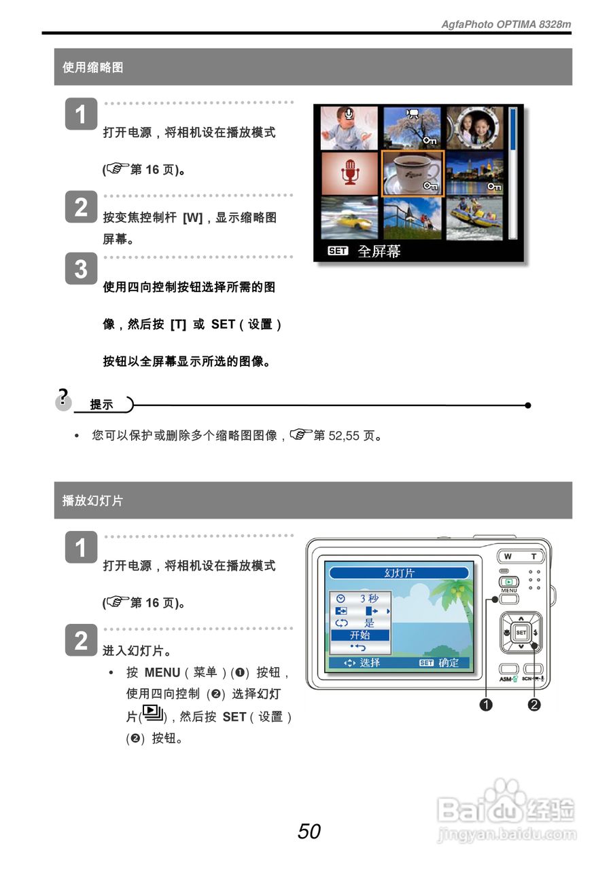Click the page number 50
point(309,831)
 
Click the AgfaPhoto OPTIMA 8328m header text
point(506,24)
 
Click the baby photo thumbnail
point(349,128)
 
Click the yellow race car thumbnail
point(349,218)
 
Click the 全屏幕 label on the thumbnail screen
point(379,251)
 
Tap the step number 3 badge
point(81,269)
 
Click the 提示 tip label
point(102,405)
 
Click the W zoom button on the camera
point(509,557)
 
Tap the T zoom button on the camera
point(533,557)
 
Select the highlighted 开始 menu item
point(360,635)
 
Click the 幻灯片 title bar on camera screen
point(399,573)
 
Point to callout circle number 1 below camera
point(486,705)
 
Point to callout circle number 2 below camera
point(534,705)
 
